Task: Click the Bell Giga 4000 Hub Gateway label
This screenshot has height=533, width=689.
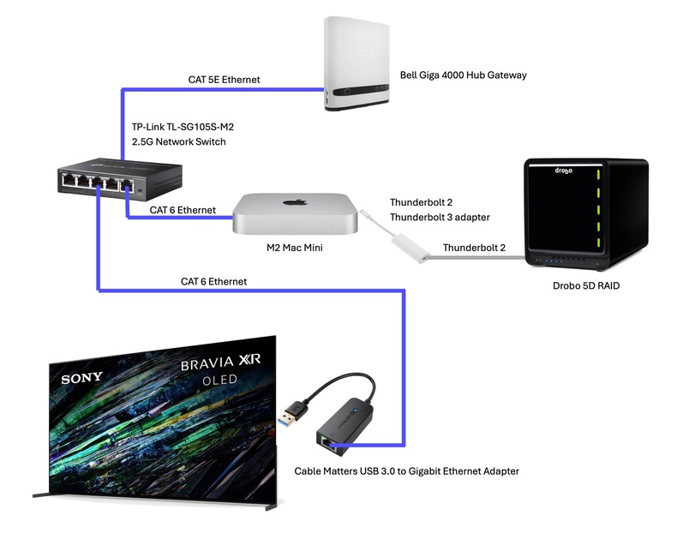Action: tap(463, 76)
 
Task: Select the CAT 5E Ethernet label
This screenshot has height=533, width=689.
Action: tap(224, 80)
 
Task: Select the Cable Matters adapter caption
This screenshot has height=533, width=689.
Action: tap(406, 470)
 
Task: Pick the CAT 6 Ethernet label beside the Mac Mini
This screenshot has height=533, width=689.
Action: tap(181, 210)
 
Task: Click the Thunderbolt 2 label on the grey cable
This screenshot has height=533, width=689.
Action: tap(474, 248)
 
